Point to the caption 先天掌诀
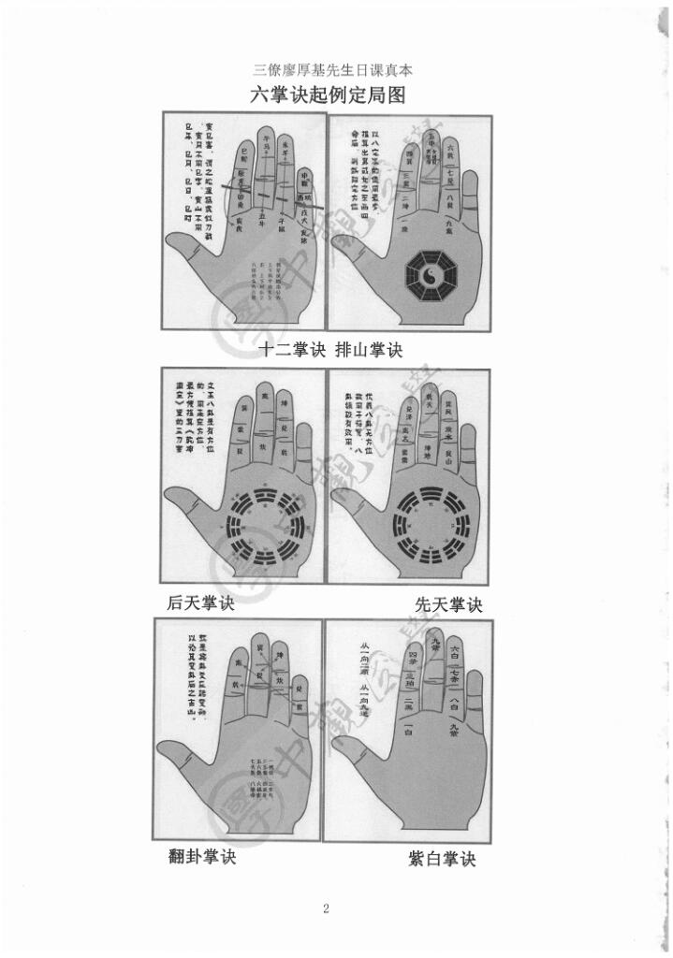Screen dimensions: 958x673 448,605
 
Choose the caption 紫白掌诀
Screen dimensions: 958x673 442,858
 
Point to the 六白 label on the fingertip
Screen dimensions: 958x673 457,648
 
